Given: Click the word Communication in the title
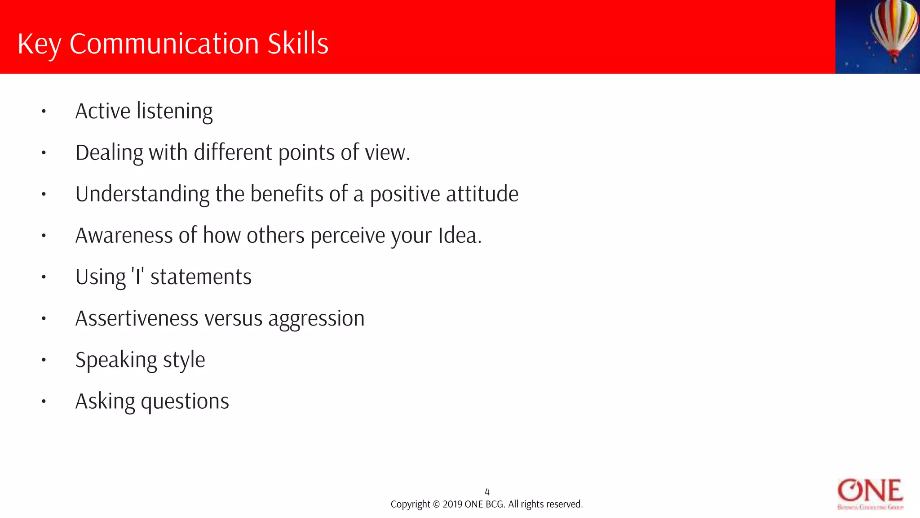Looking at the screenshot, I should point(164,44).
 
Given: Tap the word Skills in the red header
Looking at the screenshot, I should point(298,44).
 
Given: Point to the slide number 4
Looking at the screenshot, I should point(487,492).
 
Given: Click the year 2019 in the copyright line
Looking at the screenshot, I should point(452,505).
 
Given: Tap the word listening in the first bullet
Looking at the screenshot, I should point(175,112).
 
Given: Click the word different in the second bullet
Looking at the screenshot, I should point(233,153).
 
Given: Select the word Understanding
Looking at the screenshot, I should point(142,194).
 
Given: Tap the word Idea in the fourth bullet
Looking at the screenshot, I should point(457,236).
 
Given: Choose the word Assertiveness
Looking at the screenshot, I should point(137,318).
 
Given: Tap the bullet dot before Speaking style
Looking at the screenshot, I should point(44,360).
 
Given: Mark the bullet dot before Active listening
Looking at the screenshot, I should point(44,111).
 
